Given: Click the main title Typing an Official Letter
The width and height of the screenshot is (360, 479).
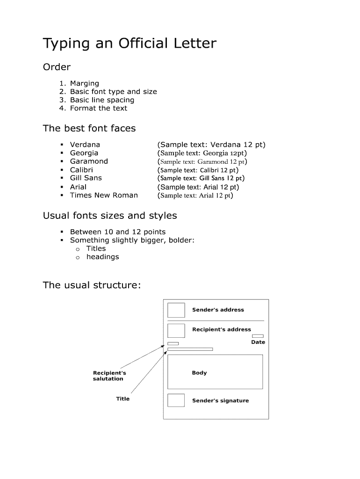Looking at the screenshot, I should (x=130, y=44).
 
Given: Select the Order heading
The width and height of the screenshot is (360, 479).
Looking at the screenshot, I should (x=57, y=67).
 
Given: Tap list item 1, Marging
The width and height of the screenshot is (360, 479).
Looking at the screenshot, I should (x=84, y=83).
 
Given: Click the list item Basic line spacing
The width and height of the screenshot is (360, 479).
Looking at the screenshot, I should (x=102, y=100).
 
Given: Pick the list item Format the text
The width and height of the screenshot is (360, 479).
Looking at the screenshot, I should (x=98, y=108).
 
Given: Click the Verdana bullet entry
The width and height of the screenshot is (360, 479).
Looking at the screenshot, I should (x=85, y=145).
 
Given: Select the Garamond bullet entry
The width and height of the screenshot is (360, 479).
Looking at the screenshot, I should (x=89, y=161).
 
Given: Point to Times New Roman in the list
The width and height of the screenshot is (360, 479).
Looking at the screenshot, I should (x=104, y=195).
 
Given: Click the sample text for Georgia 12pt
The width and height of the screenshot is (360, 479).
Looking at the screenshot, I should (x=202, y=153).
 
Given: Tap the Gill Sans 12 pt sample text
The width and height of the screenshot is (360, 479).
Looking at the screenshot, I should (x=201, y=178).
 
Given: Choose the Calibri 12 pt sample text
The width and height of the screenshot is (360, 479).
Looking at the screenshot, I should (x=198, y=170).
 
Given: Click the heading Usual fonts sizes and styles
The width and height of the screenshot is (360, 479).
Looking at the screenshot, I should (x=110, y=216).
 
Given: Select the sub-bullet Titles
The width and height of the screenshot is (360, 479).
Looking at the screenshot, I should (x=96, y=248).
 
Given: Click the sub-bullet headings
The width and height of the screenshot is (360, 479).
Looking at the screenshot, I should (x=102, y=257).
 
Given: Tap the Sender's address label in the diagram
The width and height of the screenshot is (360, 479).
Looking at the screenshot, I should (x=218, y=310).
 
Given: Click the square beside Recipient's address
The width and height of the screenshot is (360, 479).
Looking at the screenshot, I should (x=176, y=331).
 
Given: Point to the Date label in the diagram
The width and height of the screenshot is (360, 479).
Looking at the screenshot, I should (x=258, y=342).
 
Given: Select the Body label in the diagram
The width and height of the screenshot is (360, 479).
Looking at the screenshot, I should (x=199, y=373).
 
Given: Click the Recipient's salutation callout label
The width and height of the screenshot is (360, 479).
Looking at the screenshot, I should (x=109, y=376).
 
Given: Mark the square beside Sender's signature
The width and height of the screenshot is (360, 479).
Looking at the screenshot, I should (x=176, y=400).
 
